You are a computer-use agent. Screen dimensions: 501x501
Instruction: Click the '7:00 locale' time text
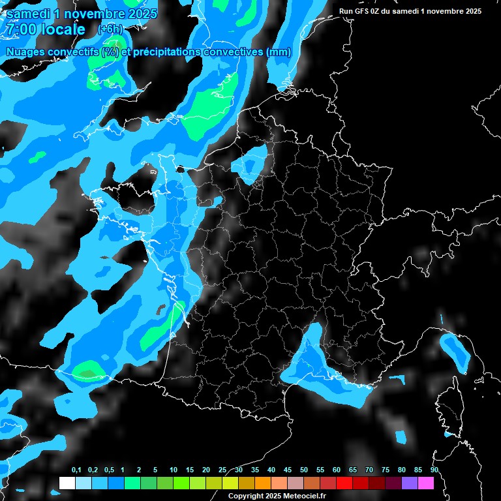(x=44, y=29)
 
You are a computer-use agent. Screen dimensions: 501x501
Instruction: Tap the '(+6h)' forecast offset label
(x=110, y=29)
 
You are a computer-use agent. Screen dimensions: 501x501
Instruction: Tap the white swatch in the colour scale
(x=67, y=483)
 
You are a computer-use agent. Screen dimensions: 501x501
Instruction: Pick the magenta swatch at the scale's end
(x=426, y=483)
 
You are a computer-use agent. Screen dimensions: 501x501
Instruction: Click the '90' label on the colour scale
(x=434, y=470)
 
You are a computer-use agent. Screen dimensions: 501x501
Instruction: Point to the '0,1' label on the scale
(x=76, y=470)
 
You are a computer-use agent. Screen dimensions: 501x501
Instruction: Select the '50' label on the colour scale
(x=304, y=470)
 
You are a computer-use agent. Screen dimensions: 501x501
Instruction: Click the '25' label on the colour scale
(x=222, y=470)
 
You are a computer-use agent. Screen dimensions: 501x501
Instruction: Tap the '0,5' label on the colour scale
(x=109, y=470)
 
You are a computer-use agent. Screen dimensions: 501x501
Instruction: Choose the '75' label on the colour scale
(x=386, y=470)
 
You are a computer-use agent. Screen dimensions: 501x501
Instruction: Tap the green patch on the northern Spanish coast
(x=87, y=372)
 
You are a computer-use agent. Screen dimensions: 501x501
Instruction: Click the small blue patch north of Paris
(x=251, y=163)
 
